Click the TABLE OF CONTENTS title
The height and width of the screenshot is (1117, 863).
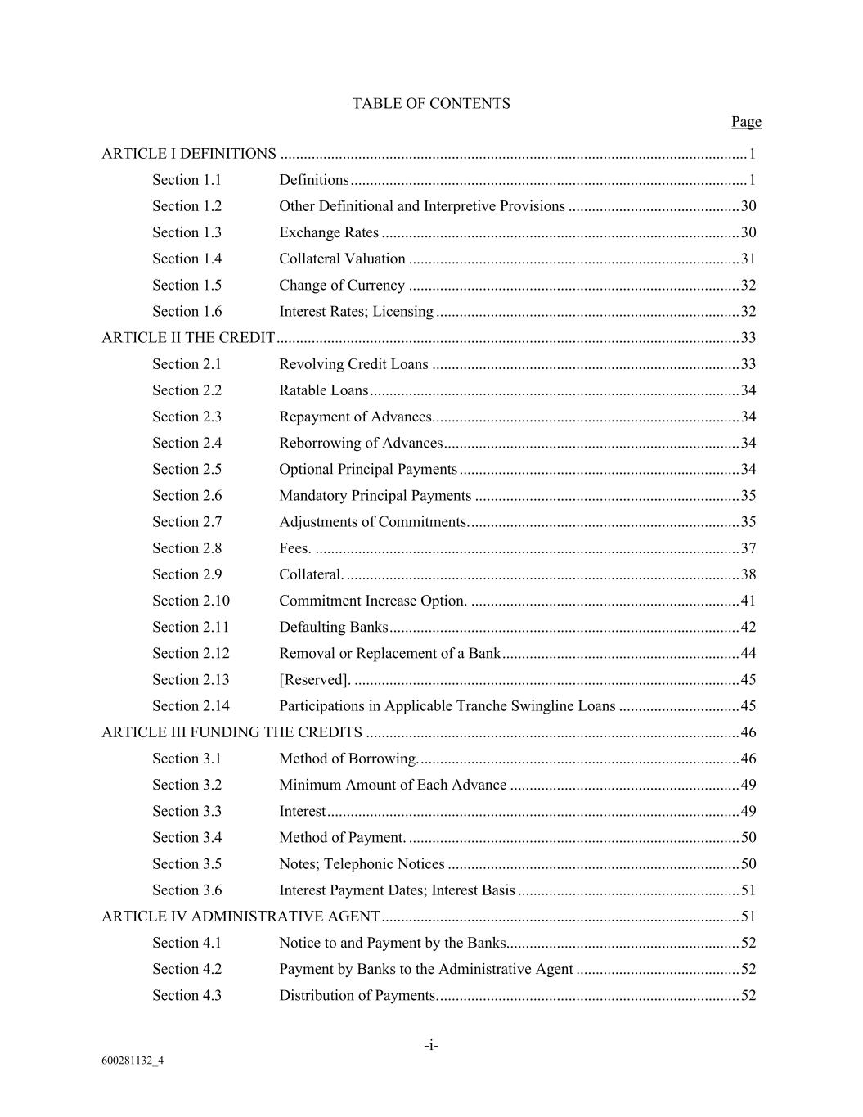431,104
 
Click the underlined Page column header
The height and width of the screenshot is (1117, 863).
746,122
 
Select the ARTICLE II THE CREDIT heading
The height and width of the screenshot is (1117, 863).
188,338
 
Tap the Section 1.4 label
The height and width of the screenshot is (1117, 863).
187,259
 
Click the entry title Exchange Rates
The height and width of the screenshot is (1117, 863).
329,233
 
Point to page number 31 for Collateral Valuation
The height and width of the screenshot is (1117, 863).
748,259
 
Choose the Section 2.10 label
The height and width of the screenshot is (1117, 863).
191,601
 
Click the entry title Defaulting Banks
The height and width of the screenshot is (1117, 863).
334,628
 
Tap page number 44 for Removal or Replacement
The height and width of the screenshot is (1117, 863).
748,654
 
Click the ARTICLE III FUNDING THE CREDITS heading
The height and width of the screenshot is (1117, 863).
231,732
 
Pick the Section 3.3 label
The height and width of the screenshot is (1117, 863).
187,812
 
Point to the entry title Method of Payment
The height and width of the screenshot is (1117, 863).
342,838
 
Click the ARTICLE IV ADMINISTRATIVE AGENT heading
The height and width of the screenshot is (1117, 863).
240,917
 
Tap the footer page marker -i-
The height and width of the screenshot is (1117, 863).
431,1046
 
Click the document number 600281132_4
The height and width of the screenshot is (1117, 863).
133,1061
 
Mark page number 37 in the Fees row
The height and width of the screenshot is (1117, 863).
748,549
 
